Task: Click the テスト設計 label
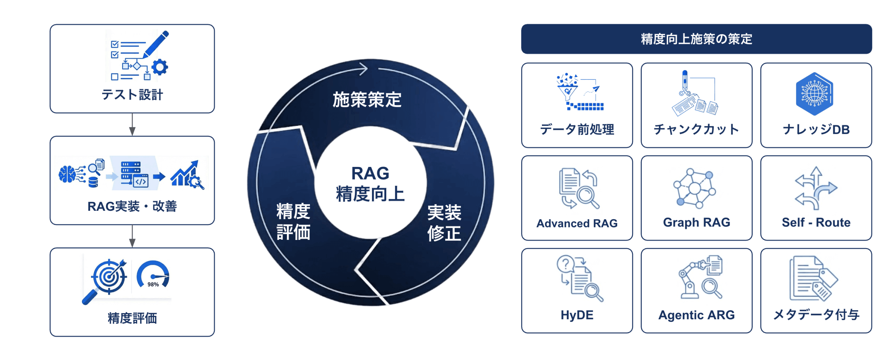132,95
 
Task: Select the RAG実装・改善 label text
132,206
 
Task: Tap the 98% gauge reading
153,284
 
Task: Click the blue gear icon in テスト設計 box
160,67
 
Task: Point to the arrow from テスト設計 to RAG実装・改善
132,124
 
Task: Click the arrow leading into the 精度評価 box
132,236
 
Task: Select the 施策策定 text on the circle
367,100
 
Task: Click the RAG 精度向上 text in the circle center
370,183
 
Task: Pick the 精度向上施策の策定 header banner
696,39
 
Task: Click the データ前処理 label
577,129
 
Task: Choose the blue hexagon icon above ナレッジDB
814,94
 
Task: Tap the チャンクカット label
696,129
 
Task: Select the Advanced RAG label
577,223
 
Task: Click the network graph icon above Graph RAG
694,188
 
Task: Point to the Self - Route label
816,222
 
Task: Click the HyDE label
577,315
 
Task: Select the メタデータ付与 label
816,315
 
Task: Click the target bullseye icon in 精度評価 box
109,277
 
